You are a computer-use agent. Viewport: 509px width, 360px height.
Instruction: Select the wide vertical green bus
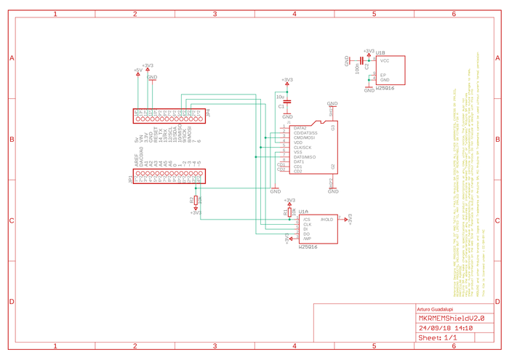[x=260, y=164]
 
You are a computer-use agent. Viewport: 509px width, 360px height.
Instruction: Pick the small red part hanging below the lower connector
[x=195, y=201]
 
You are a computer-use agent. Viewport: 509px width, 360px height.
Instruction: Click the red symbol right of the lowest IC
[x=350, y=218]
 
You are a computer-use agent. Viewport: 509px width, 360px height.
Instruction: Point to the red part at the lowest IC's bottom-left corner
[x=292, y=238]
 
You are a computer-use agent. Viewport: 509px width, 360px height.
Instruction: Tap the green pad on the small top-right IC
[x=369, y=76]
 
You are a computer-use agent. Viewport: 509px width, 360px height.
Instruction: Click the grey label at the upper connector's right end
[x=209, y=113]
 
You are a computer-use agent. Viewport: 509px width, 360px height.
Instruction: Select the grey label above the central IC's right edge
[x=332, y=103]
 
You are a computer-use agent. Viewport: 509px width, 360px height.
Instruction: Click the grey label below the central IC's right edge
[x=333, y=191]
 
